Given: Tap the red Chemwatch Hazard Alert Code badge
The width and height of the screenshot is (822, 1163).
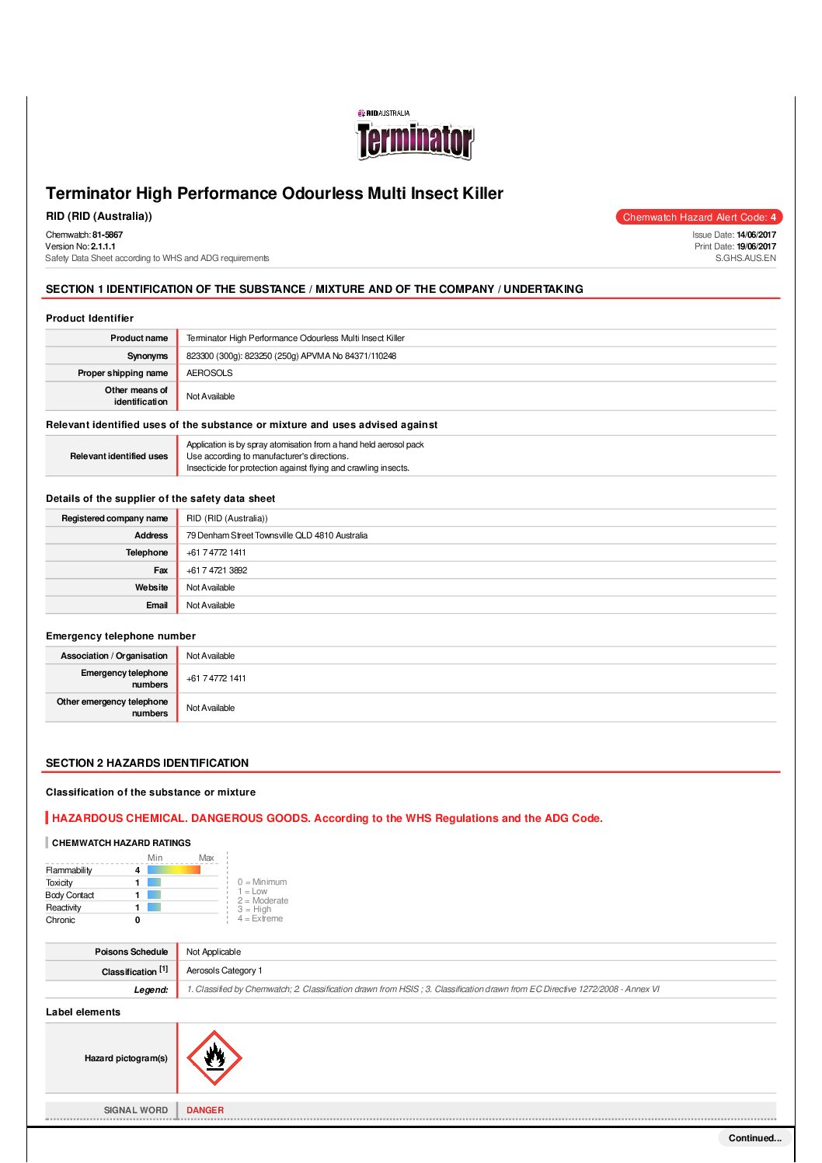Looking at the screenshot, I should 698,218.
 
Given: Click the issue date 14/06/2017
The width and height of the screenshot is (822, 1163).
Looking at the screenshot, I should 756,235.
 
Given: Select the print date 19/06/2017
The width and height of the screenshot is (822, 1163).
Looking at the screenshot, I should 756,246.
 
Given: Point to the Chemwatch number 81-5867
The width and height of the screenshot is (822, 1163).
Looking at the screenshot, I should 107,235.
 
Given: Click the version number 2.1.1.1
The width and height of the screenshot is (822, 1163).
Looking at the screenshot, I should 103,246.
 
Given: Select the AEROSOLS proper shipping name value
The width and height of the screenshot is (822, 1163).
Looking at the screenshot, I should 209,373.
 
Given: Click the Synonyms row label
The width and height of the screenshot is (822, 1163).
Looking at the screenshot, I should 147,356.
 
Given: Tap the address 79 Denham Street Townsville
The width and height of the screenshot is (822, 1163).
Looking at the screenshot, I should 277,535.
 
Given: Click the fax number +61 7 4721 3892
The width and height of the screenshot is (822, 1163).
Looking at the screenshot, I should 217,570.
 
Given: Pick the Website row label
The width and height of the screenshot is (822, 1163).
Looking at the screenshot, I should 151,587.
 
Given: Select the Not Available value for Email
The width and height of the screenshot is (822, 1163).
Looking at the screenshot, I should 211,605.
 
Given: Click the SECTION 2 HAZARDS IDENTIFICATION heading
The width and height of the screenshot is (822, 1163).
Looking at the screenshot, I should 147,763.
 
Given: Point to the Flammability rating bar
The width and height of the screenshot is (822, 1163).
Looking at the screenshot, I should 173,870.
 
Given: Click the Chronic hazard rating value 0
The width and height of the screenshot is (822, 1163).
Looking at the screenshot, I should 138,920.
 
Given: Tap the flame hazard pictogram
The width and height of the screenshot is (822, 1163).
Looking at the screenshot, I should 214,1058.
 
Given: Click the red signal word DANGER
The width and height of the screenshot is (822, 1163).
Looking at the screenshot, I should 205,1110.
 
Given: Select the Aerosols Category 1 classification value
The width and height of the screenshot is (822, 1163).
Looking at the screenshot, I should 224,970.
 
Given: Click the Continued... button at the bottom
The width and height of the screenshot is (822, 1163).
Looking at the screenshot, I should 754,1138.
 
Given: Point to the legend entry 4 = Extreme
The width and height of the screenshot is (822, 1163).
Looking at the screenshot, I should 260,918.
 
